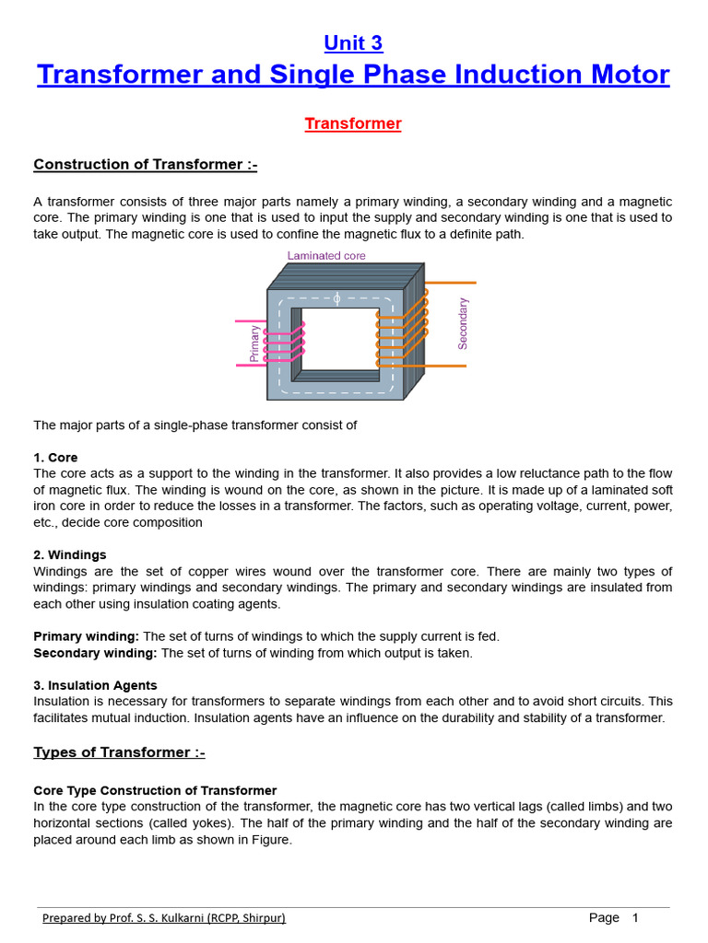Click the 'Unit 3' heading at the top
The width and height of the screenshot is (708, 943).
pos(353,43)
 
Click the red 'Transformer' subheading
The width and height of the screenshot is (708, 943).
pos(353,123)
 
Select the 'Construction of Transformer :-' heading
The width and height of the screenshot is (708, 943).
pos(146,165)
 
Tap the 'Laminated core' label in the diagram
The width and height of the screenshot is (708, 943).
pos(326,256)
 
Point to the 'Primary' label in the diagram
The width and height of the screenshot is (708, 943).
pos(255,343)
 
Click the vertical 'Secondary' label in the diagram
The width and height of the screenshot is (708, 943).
pos(463,323)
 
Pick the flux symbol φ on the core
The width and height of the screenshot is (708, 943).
pos(336,298)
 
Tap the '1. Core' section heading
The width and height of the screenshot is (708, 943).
pos(55,458)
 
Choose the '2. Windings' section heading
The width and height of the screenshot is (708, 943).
pos(70,555)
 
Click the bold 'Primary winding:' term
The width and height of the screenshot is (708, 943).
pos(87,636)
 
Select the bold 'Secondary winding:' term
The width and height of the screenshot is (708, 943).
pos(96,653)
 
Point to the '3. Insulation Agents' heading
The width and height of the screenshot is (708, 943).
pos(95,685)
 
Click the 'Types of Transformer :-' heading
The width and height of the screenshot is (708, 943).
pos(119,752)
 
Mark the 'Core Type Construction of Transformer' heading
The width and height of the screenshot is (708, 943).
pos(155,790)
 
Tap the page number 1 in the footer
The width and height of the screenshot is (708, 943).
pos(635,918)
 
